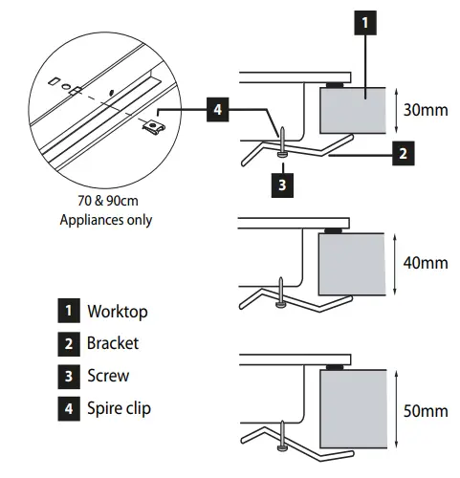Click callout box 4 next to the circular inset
click(x=218, y=109)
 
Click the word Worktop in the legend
click(x=117, y=312)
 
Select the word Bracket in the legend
click(x=113, y=343)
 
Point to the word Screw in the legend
click(x=107, y=376)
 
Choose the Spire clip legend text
click(x=119, y=408)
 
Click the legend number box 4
click(x=69, y=408)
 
